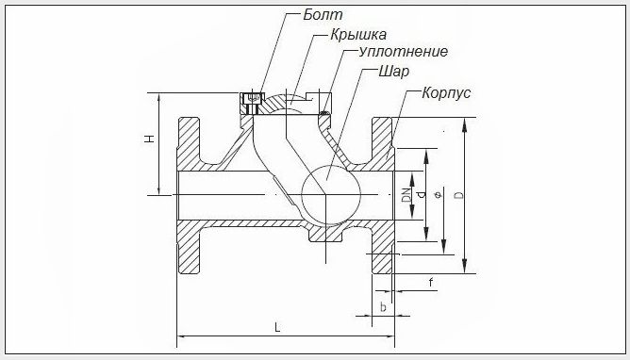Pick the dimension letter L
(x=277, y=327)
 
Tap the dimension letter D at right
(x=458, y=195)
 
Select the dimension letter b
(x=382, y=307)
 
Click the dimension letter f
(x=430, y=282)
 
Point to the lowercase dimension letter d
(x=422, y=194)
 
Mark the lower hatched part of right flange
(x=384, y=251)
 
